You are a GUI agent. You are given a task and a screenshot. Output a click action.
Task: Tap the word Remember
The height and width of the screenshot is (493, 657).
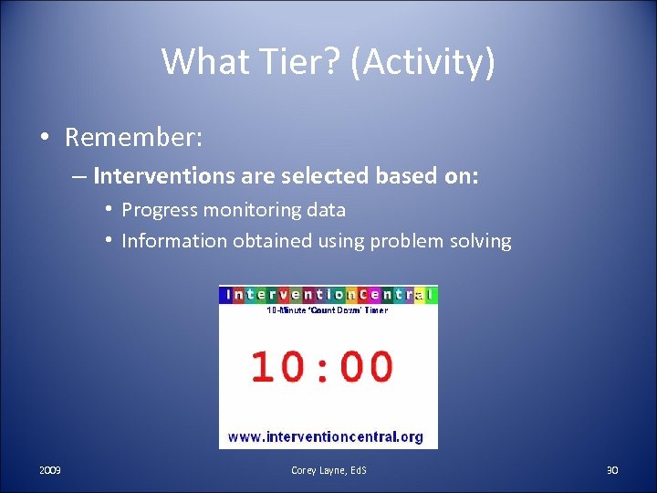pos(133,138)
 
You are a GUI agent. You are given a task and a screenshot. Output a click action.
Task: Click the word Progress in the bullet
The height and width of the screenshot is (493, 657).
pos(160,210)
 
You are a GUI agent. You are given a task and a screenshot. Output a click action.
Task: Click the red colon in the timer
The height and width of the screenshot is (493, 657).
pos(323,366)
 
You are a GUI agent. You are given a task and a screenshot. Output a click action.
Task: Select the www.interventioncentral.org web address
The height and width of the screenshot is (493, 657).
pos(326,436)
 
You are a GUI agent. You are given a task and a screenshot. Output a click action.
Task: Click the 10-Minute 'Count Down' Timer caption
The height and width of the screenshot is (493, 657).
pos(327,310)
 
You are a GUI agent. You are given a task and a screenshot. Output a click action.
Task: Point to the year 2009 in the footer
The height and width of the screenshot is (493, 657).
pos(50,470)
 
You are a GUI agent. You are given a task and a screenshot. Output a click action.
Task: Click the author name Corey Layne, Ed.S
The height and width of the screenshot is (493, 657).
pos(328,470)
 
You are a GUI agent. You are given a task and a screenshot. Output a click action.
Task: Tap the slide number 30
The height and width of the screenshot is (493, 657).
pos(611,470)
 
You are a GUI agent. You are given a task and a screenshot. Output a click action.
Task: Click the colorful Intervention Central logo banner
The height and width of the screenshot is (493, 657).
pos(328,295)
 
